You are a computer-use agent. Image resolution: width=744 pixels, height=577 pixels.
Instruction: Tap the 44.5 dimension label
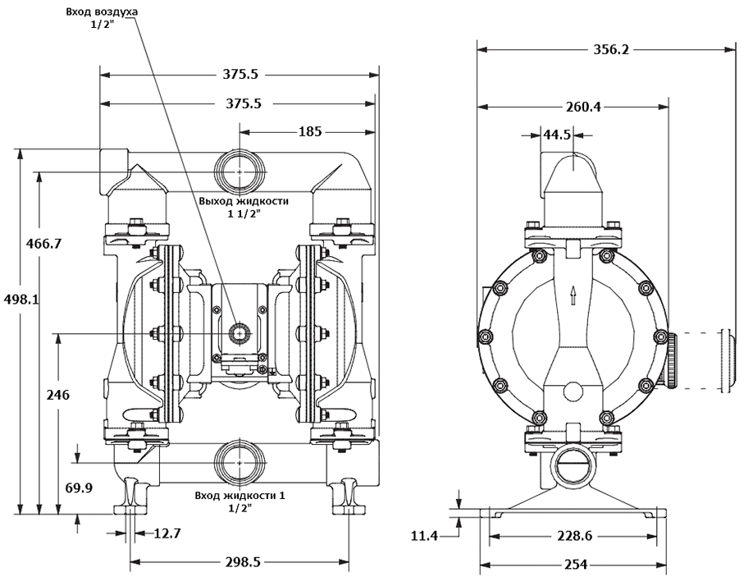[x=557, y=135]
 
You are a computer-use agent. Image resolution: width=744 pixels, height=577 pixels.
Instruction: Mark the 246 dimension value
[x=57, y=395]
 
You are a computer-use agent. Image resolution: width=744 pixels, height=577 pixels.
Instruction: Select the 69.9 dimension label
[x=78, y=488]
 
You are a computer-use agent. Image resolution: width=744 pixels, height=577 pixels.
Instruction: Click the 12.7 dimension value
[x=167, y=533]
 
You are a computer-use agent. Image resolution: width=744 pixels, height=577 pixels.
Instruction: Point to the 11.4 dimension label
[x=424, y=536]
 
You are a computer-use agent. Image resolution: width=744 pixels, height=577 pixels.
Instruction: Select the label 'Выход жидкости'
[x=244, y=200]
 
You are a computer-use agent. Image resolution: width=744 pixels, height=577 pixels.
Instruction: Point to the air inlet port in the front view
[x=240, y=333]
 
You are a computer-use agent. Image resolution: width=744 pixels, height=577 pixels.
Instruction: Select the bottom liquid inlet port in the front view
[x=239, y=462]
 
